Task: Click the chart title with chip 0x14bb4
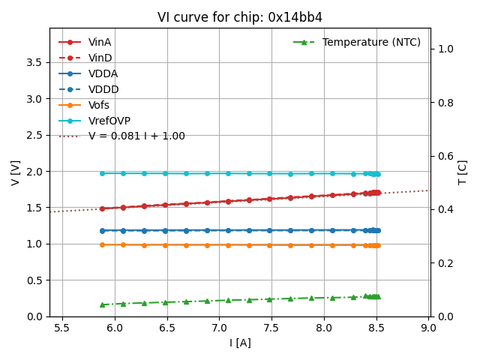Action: coord(240,17)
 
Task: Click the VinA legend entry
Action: coord(100,42)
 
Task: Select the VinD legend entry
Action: coord(100,58)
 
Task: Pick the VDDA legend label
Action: coord(103,73)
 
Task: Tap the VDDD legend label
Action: coord(103,89)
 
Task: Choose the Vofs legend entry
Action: coord(99,105)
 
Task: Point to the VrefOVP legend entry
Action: coord(109,121)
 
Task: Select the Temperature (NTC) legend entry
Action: coord(371,42)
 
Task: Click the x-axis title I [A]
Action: coord(240,343)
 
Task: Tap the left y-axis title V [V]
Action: coord(16,172)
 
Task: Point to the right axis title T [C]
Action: coord(463,172)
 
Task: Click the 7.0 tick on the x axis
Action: coord(219,328)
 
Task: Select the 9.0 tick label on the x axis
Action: coord(428,328)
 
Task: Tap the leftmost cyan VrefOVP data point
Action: coord(102,173)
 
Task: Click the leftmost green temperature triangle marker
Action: coord(102,304)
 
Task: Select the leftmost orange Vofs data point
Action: coord(102,244)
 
